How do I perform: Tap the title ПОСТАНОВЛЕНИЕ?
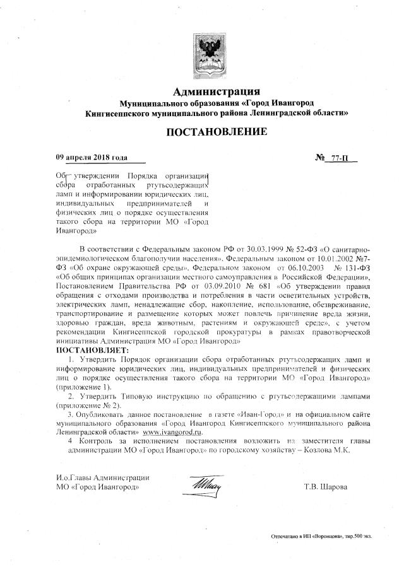tap(217, 132)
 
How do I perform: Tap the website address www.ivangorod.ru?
tap(172, 432)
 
